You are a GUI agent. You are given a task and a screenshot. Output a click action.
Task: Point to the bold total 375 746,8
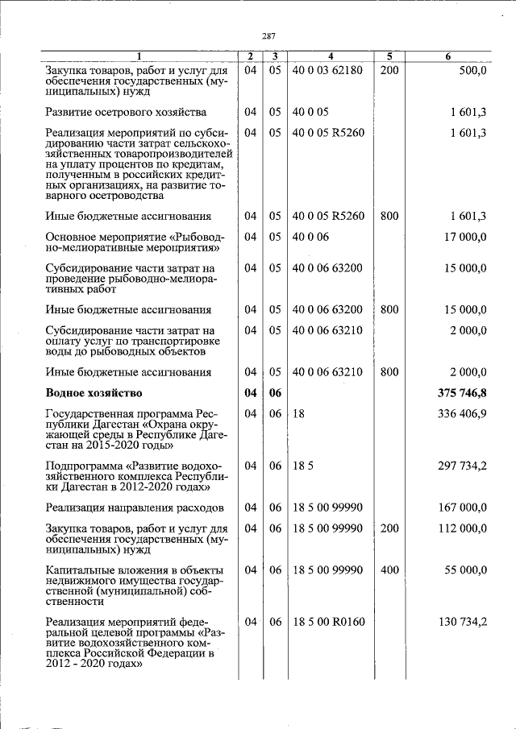coord(461,393)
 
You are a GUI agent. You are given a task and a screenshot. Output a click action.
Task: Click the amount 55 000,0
coord(465,570)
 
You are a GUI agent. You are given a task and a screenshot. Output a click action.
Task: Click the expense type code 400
coord(389,570)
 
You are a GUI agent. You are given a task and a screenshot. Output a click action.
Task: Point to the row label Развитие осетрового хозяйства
coord(126,112)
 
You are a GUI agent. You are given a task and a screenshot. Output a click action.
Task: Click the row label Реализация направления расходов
coord(134,507)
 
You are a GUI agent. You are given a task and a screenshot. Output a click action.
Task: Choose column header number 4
coord(331,56)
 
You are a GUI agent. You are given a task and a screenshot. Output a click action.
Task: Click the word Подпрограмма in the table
coord(84,466)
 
